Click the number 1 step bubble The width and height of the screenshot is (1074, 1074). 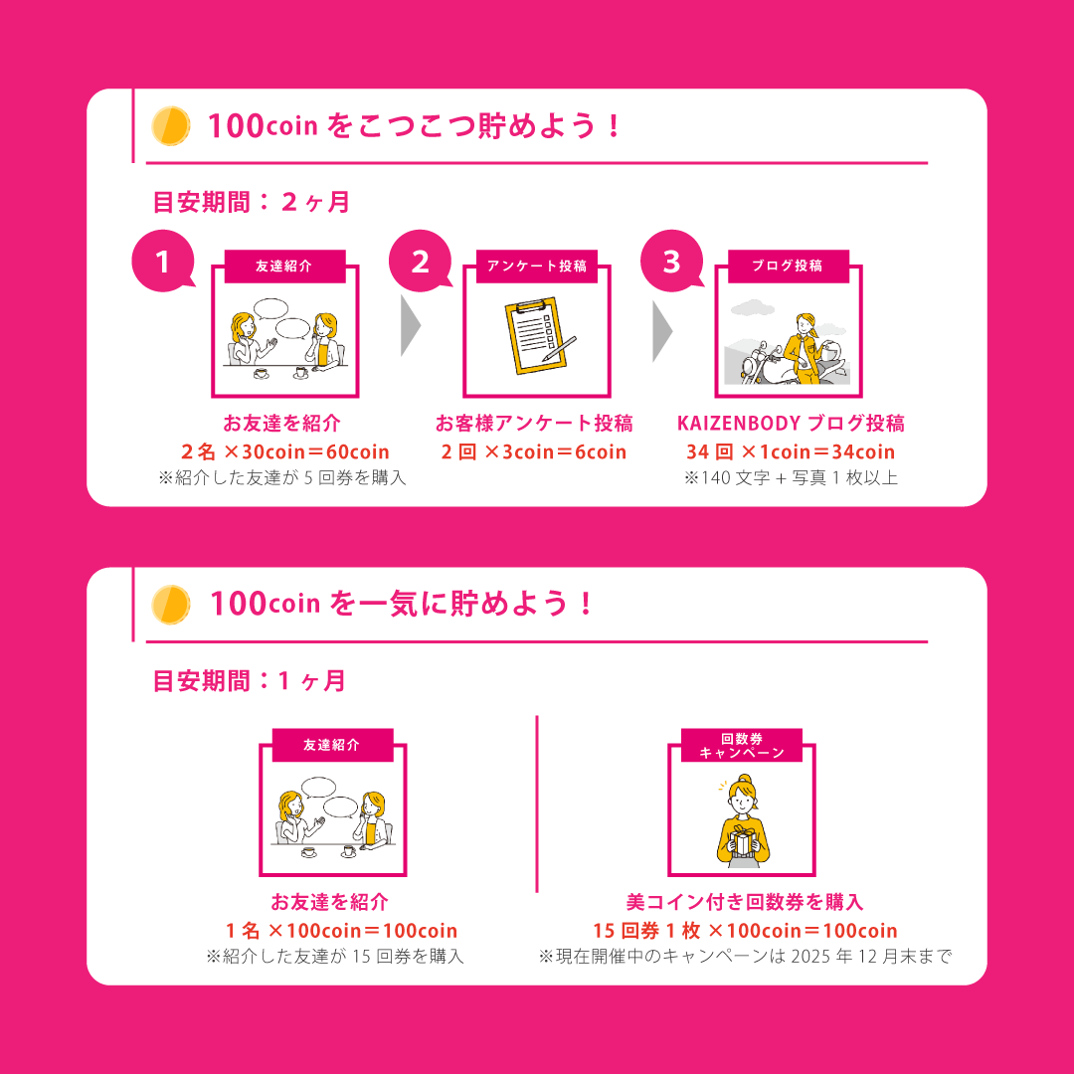[x=163, y=261]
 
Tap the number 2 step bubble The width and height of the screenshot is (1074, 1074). [x=420, y=261]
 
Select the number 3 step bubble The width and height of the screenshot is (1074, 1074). [x=672, y=261]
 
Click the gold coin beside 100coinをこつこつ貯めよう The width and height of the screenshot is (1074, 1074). [x=171, y=126]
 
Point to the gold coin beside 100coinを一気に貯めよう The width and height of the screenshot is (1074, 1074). [x=171, y=605]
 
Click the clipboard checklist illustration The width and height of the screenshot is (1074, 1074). [x=539, y=336]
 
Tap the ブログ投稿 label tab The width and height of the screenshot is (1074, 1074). [x=788, y=266]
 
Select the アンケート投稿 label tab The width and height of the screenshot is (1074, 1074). [x=536, y=266]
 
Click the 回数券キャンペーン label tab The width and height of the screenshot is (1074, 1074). [x=742, y=745]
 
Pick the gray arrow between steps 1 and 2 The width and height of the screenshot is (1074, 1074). [x=410, y=325]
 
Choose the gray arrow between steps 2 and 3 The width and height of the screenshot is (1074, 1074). [x=661, y=331]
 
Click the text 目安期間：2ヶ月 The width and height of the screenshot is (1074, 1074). [x=252, y=202]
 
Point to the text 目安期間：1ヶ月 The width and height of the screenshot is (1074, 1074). [x=250, y=681]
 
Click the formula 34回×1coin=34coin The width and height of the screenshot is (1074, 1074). [x=791, y=452]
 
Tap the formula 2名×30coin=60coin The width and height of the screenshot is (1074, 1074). [x=285, y=452]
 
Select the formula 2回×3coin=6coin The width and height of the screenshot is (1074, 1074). [x=534, y=452]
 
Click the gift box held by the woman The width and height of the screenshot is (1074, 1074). [x=743, y=840]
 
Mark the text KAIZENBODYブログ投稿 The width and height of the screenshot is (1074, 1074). [x=791, y=424]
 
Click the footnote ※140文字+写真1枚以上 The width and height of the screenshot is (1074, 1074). [x=791, y=477]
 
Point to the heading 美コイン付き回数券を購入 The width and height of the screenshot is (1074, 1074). [x=745, y=902]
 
